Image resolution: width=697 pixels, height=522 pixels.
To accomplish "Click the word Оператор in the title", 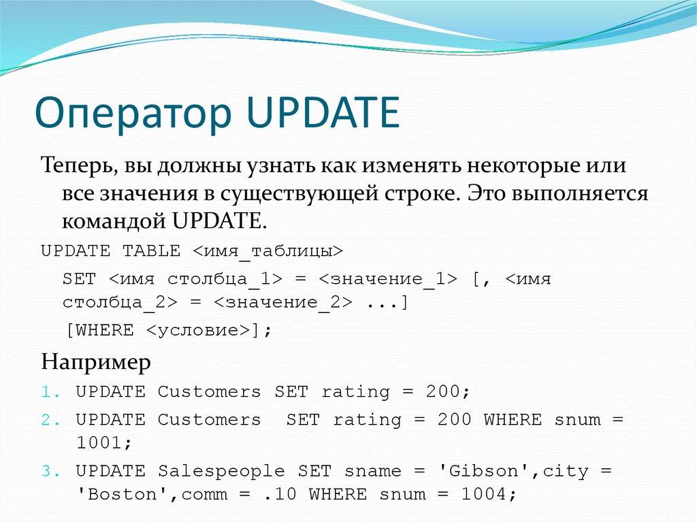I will click(x=132, y=114).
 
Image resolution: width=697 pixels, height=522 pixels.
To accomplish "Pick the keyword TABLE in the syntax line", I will click(x=151, y=251).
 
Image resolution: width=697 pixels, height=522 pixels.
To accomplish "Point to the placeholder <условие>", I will click(x=197, y=331).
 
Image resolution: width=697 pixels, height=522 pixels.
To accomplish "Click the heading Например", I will click(x=95, y=361).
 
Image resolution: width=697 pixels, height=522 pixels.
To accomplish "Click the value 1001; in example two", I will click(x=103, y=443).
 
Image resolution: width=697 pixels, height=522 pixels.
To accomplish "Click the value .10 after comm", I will click(x=281, y=495).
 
